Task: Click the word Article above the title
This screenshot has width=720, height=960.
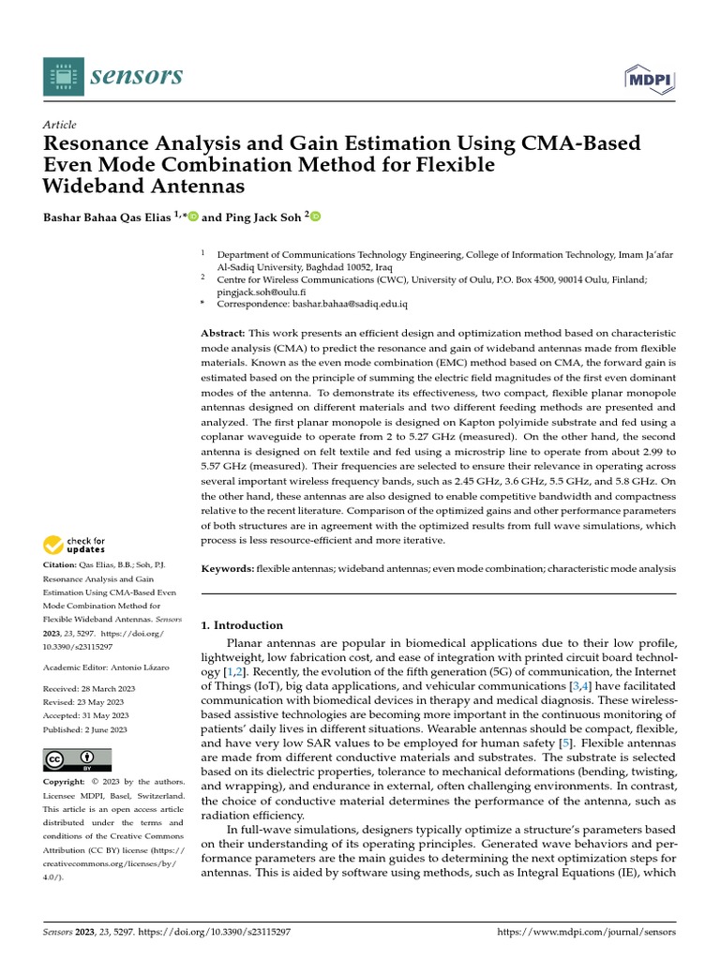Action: (60, 125)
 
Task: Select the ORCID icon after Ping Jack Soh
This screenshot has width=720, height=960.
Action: (316, 217)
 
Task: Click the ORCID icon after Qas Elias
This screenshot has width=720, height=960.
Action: (193, 217)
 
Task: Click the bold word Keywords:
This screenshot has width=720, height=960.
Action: (228, 569)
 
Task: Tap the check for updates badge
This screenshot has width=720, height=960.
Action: (75, 545)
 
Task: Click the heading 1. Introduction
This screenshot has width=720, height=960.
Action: (243, 625)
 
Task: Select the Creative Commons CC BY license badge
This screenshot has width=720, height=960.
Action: (77, 759)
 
